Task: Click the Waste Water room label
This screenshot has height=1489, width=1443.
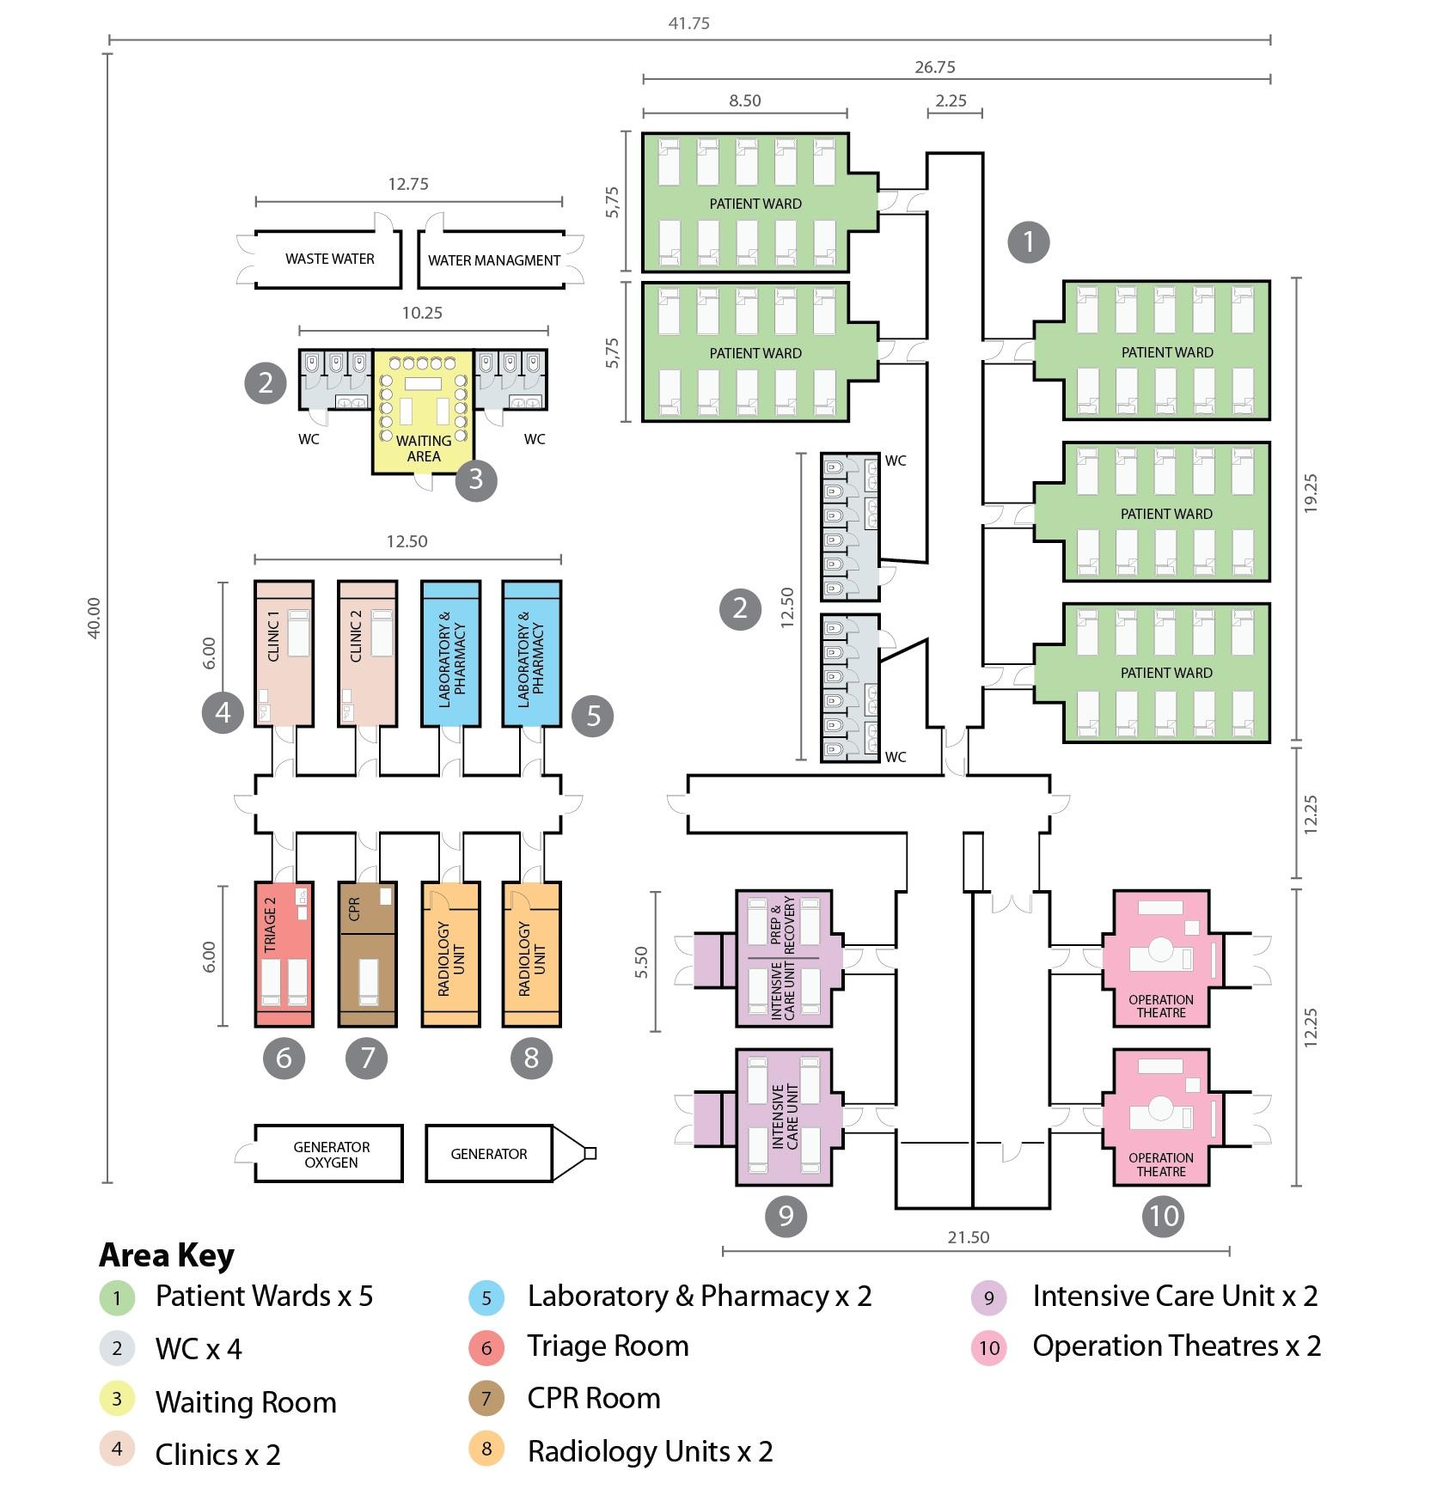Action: (x=330, y=259)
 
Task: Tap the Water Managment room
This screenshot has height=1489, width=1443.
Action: (x=494, y=260)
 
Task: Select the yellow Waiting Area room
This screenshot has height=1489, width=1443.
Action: (x=423, y=412)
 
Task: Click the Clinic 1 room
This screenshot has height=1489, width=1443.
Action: (x=284, y=653)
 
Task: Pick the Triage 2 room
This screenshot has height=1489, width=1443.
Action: (x=284, y=954)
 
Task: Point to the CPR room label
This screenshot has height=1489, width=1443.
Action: (x=354, y=909)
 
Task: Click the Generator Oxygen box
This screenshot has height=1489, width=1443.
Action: (x=331, y=1154)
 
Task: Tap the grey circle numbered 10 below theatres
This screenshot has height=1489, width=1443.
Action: (x=1163, y=1216)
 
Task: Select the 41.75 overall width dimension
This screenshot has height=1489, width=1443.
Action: (x=688, y=23)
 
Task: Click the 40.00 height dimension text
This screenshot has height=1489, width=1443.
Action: (x=94, y=618)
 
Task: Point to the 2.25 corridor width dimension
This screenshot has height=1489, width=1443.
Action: (x=951, y=101)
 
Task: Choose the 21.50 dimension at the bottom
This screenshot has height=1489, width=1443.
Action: (x=968, y=1237)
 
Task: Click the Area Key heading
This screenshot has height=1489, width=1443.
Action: (x=167, y=1255)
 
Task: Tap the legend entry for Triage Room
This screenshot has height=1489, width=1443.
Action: (x=608, y=1346)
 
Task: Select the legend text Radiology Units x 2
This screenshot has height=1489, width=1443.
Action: (x=650, y=1451)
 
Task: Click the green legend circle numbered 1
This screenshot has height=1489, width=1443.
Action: (x=117, y=1297)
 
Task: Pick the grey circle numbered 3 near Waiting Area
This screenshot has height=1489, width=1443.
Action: (x=475, y=480)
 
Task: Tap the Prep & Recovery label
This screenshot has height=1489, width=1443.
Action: (x=783, y=922)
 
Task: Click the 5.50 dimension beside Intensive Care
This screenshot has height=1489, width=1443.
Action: (x=641, y=962)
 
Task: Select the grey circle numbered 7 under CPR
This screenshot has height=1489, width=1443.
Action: (x=367, y=1058)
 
